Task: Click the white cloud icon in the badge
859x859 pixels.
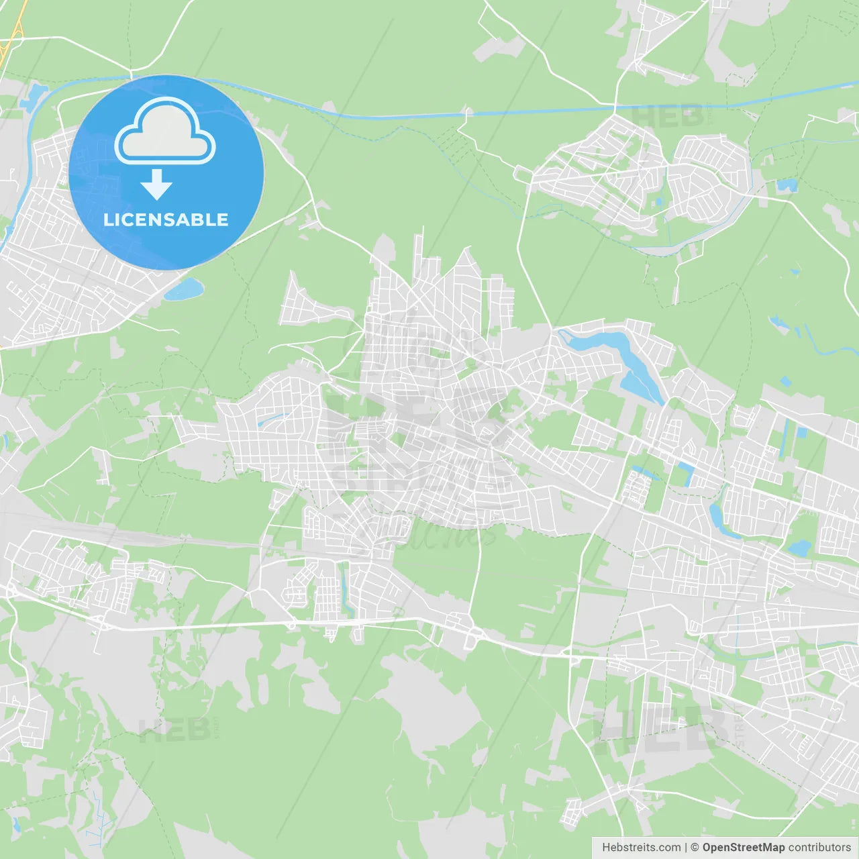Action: click(x=165, y=131)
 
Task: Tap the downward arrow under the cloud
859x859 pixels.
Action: click(x=157, y=185)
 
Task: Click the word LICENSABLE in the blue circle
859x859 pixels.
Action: click(x=166, y=219)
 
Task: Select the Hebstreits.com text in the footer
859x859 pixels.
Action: click(x=641, y=848)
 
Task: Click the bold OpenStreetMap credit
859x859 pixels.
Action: click(x=744, y=848)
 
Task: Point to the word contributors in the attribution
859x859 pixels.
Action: click(x=819, y=848)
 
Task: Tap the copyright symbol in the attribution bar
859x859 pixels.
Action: click(x=695, y=848)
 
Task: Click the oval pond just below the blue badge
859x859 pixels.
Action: click(x=184, y=289)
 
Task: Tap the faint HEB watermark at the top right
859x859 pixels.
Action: click(x=668, y=115)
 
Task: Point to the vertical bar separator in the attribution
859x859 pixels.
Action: click(x=686, y=848)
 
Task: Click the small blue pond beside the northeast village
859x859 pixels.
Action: click(x=786, y=185)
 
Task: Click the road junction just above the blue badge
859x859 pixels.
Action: click(x=132, y=72)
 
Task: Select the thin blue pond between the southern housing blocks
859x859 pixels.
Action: click(x=346, y=591)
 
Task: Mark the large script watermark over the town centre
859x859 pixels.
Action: click(x=423, y=436)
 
